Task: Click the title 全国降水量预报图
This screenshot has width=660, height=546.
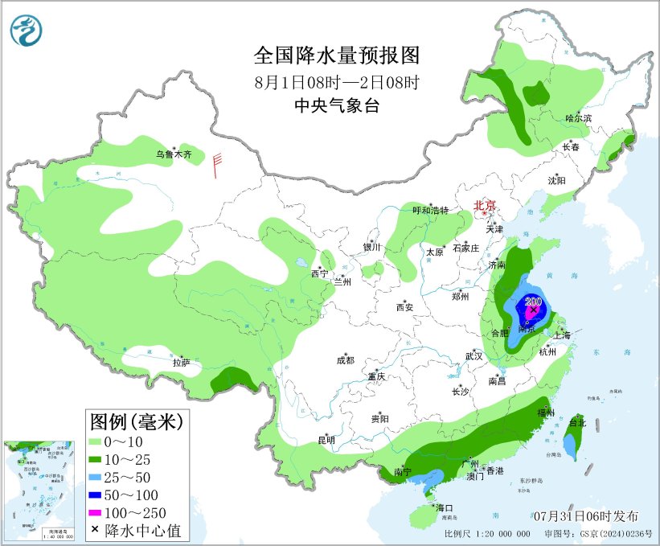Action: click(x=337, y=55)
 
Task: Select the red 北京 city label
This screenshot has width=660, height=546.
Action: click(x=485, y=205)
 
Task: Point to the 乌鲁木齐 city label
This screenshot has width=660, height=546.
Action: click(x=174, y=154)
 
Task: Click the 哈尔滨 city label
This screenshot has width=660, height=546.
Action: click(x=578, y=118)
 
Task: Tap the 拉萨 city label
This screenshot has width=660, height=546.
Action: click(x=181, y=363)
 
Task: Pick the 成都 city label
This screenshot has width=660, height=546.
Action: click(x=345, y=360)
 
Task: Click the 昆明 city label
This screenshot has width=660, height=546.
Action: click(x=326, y=439)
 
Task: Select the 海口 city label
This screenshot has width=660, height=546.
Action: click(x=445, y=507)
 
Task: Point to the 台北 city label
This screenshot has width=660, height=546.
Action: click(x=577, y=422)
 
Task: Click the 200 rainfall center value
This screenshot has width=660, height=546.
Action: click(x=533, y=302)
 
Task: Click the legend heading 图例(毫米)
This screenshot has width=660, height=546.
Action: click(x=136, y=421)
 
